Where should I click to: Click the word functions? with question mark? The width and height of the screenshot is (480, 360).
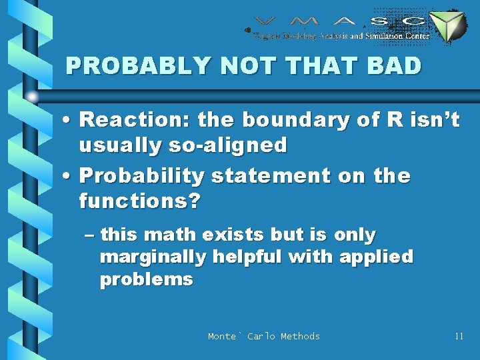[139, 201]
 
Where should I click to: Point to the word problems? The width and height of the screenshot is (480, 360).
[146, 279]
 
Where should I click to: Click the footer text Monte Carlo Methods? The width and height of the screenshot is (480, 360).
[264, 336]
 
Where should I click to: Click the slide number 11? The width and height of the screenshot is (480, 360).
[459, 336]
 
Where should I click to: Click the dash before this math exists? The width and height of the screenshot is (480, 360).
[90, 235]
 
